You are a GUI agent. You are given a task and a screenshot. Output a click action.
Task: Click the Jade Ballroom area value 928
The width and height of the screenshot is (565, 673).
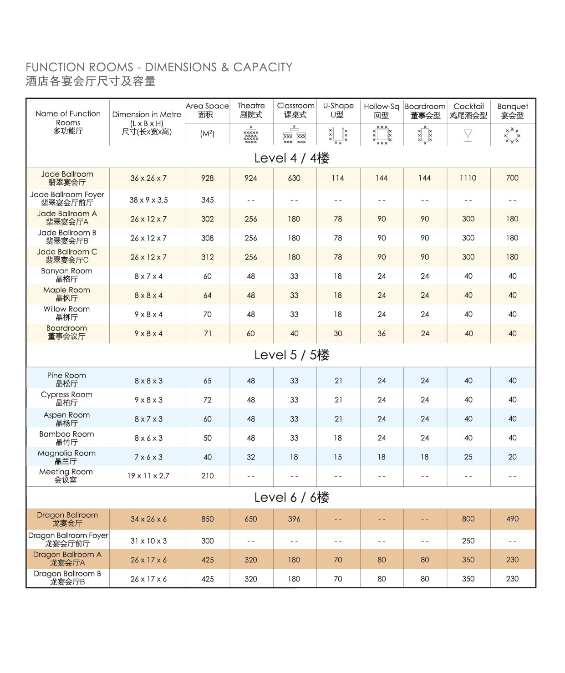click(x=207, y=178)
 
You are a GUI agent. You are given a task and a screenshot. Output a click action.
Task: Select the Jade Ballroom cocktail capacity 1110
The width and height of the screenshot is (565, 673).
click(x=468, y=178)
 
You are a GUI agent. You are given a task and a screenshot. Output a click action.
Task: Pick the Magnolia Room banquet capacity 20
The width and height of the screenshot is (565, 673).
click(x=512, y=457)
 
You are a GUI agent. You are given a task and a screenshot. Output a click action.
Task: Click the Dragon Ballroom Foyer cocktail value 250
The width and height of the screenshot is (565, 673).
click(x=468, y=540)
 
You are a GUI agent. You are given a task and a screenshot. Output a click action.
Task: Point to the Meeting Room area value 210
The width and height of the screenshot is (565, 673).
click(x=207, y=476)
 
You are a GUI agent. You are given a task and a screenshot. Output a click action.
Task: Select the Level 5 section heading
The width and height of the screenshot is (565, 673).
click(x=291, y=355)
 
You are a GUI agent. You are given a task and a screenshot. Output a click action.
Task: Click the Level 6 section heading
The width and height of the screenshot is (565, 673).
click(x=291, y=498)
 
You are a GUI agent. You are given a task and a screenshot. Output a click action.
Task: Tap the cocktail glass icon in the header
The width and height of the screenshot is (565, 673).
click(x=468, y=135)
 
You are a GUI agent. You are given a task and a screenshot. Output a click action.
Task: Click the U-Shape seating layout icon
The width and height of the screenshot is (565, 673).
click(x=338, y=135)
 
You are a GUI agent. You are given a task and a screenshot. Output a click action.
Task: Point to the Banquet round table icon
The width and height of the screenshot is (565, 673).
click(x=512, y=135)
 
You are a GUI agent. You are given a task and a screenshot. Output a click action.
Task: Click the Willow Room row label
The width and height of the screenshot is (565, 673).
click(x=66, y=313)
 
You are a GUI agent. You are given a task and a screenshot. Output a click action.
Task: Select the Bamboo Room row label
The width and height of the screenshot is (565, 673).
click(x=66, y=438)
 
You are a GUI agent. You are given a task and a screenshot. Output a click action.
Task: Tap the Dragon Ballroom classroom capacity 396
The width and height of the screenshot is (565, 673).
click(x=294, y=519)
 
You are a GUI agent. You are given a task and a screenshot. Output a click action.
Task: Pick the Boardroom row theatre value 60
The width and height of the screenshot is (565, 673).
click(x=251, y=333)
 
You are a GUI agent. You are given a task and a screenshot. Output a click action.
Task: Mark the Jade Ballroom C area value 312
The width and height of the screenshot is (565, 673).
click(x=207, y=257)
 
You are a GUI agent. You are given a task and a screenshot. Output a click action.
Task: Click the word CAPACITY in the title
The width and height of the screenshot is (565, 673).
click(x=263, y=67)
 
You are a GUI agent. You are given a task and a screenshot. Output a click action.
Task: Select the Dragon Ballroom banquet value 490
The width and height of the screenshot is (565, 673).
click(x=512, y=519)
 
